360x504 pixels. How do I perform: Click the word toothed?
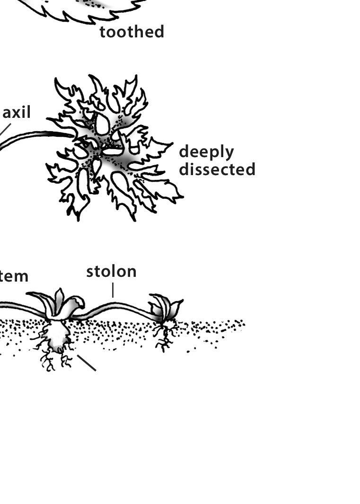(132, 32)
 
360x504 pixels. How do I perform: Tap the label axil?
(17, 113)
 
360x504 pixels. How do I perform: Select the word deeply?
(206, 152)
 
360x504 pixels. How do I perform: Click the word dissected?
(217, 169)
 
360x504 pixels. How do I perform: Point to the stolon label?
(111, 272)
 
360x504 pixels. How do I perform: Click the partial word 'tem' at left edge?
(14, 276)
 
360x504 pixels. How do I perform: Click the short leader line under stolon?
(113, 290)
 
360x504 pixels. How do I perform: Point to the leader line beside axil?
(5, 129)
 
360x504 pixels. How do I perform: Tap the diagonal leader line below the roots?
(87, 363)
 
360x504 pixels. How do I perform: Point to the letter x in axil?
(18, 114)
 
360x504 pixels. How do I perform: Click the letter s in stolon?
(90, 272)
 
